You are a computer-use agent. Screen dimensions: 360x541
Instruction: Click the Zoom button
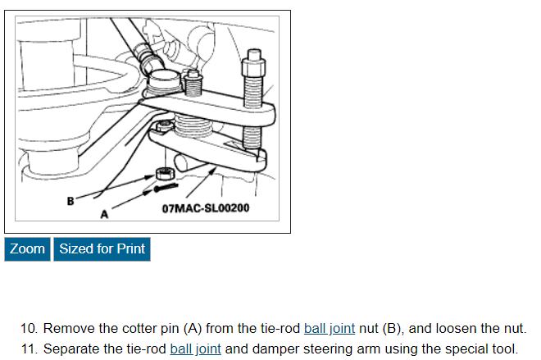pyautogui.click(x=28, y=248)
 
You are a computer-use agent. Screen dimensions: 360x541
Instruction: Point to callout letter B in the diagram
pyautogui.click(x=70, y=199)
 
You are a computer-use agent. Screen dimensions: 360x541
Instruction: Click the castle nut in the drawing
pyautogui.click(x=162, y=174)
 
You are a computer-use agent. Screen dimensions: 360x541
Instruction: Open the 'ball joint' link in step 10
pyautogui.click(x=329, y=328)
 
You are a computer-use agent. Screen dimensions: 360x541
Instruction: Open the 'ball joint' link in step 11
pyautogui.click(x=196, y=349)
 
